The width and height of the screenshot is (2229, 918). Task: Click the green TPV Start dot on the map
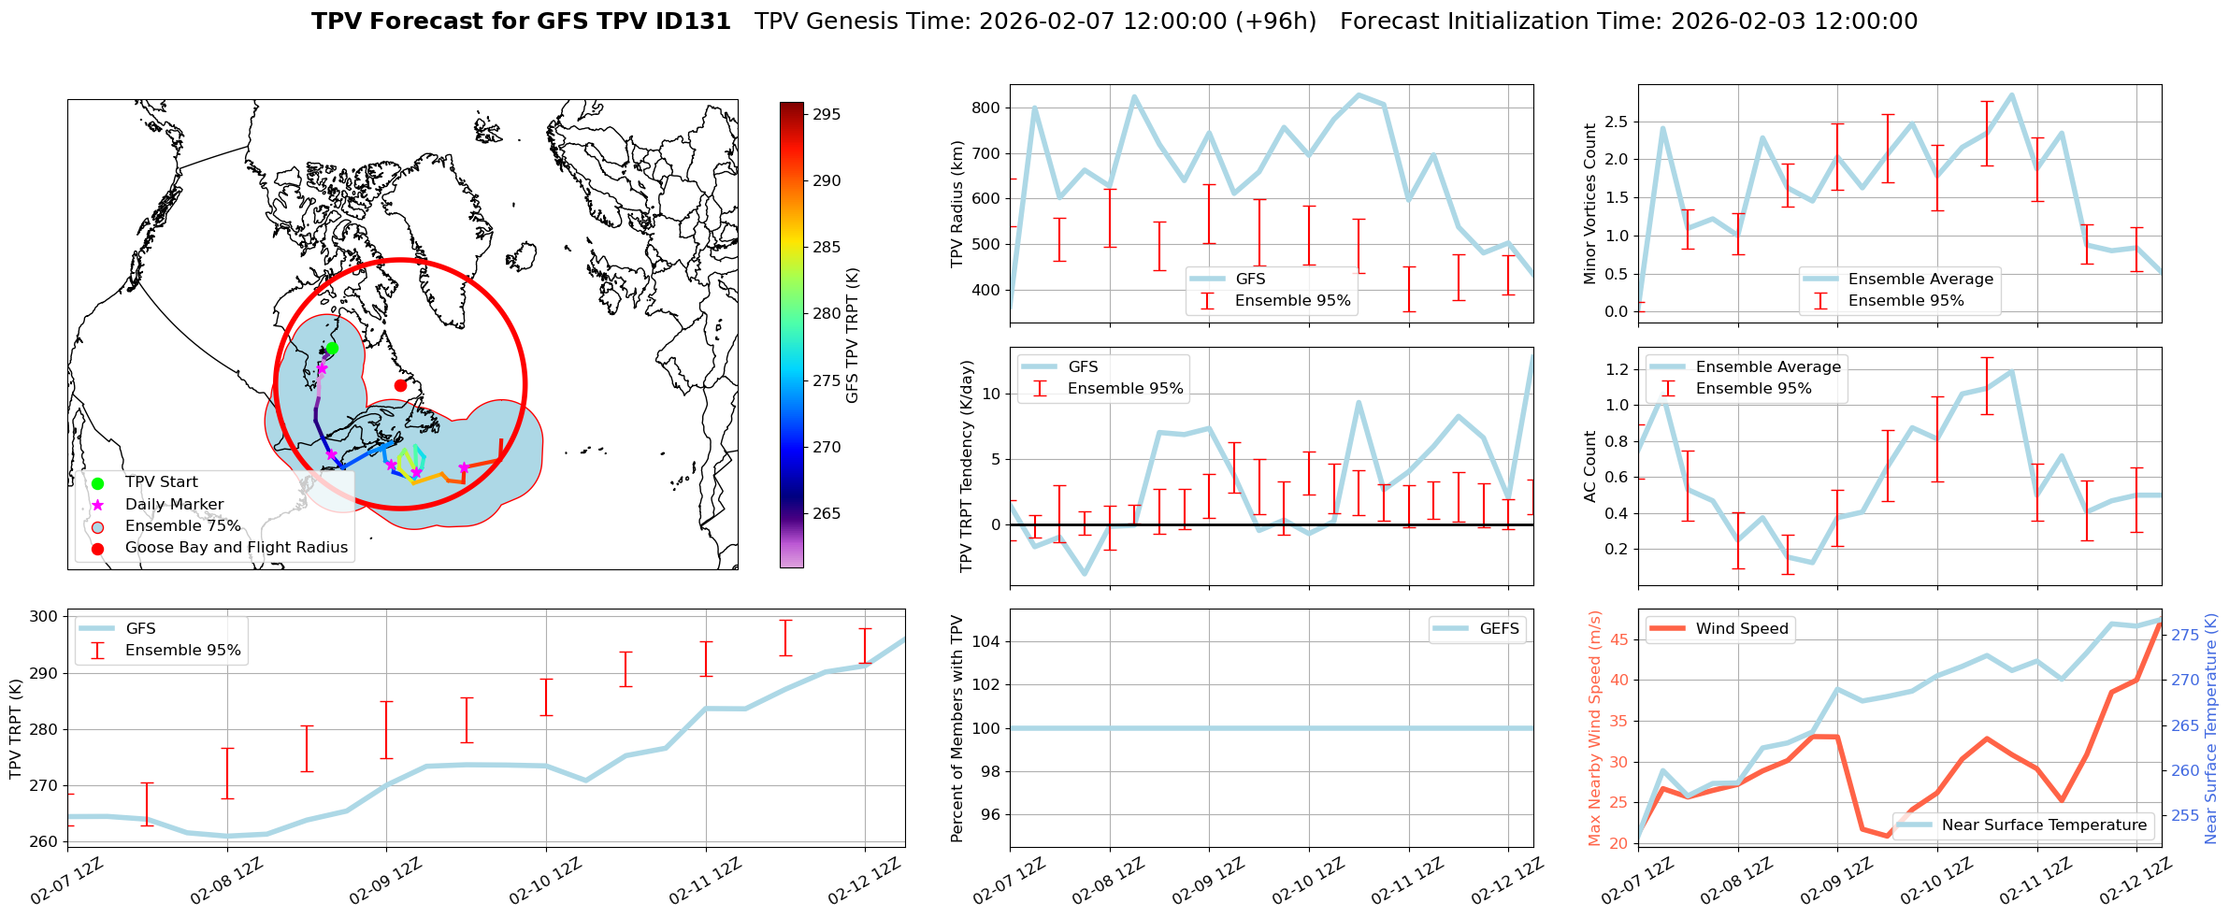pos(332,348)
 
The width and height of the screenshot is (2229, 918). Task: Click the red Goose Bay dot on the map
pos(400,385)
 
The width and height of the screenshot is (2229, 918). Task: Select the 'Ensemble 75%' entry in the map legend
pos(182,526)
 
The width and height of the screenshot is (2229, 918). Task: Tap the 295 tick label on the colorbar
pos(827,115)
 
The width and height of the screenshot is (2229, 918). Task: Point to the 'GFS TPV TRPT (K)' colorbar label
pos(852,336)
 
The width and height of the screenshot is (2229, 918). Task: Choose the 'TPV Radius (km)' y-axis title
pos(957,204)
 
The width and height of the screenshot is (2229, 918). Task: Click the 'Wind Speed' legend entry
pos(1741,629)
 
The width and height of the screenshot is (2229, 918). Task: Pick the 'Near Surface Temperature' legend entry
pos(2043,825)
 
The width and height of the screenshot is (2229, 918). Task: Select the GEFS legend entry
pos(1499,629)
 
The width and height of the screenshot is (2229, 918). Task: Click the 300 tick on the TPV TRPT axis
pos(43,616)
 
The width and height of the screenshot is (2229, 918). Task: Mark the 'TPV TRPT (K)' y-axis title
pos(16,729)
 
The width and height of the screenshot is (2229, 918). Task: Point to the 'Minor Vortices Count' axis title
pos(1590,204)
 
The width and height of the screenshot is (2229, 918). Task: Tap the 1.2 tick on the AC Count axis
pos(1617,369)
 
